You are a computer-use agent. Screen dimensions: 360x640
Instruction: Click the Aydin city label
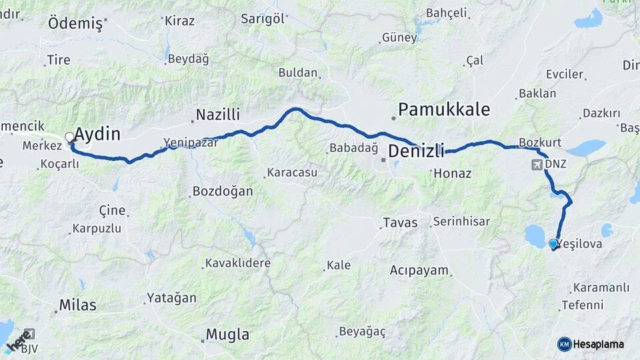tap(97, 134)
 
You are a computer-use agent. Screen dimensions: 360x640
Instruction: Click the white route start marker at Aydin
tap(69, 138)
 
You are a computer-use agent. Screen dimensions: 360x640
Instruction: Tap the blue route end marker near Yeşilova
tap(553, 245)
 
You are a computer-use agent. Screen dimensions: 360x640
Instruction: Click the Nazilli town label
tap(218, 115)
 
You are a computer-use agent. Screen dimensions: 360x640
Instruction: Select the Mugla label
tap(227, 334)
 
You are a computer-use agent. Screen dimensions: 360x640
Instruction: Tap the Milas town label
tap(78, 305)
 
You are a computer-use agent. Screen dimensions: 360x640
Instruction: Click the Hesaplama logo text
tap(598, 344)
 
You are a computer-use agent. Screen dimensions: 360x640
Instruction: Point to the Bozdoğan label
tap(223, 191)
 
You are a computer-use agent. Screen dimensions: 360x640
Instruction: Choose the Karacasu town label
tap(292, 173)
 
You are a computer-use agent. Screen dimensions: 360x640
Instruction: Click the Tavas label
tap(400, 223)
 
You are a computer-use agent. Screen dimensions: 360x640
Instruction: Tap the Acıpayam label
tap(417, 270)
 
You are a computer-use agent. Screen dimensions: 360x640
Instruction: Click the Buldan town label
tap(298, 73)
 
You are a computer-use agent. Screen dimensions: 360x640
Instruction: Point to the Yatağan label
tap(172, 298)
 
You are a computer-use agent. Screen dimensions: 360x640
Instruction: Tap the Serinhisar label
tap(461, 221)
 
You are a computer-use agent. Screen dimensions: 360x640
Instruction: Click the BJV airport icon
tap(28, 334)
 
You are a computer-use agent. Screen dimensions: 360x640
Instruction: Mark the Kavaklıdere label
tap(238, 263)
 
